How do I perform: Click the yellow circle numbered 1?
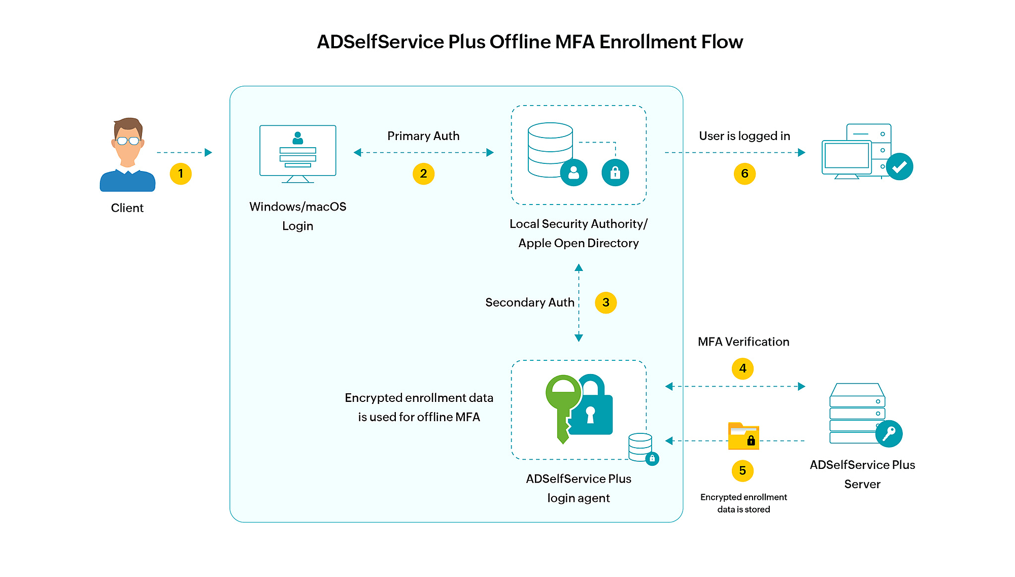click(x=181, y=174)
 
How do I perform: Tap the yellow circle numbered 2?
click(x=423, y=174)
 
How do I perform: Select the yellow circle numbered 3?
click(x=605, y=302)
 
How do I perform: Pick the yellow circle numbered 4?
click(x=742, y=368)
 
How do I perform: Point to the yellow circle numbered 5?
click(x=742, y=471)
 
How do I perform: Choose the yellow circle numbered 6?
click(x=745, y=174)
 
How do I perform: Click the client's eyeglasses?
click(x=128, y=141)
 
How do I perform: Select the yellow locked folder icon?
click(x=743, y=436)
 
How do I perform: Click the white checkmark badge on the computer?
click(x=899, y=166)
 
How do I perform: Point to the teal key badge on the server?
click(x=889, y=433)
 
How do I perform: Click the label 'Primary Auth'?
click(x=423, y=136)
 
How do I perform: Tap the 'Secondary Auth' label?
click(x=529, y=302)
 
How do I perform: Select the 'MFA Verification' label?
click(x=743, y=342)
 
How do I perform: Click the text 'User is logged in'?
click(x=745, y=136)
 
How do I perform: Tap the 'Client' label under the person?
click(x=127, y=208)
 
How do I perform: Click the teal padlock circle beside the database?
click(x=615, y=173)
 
